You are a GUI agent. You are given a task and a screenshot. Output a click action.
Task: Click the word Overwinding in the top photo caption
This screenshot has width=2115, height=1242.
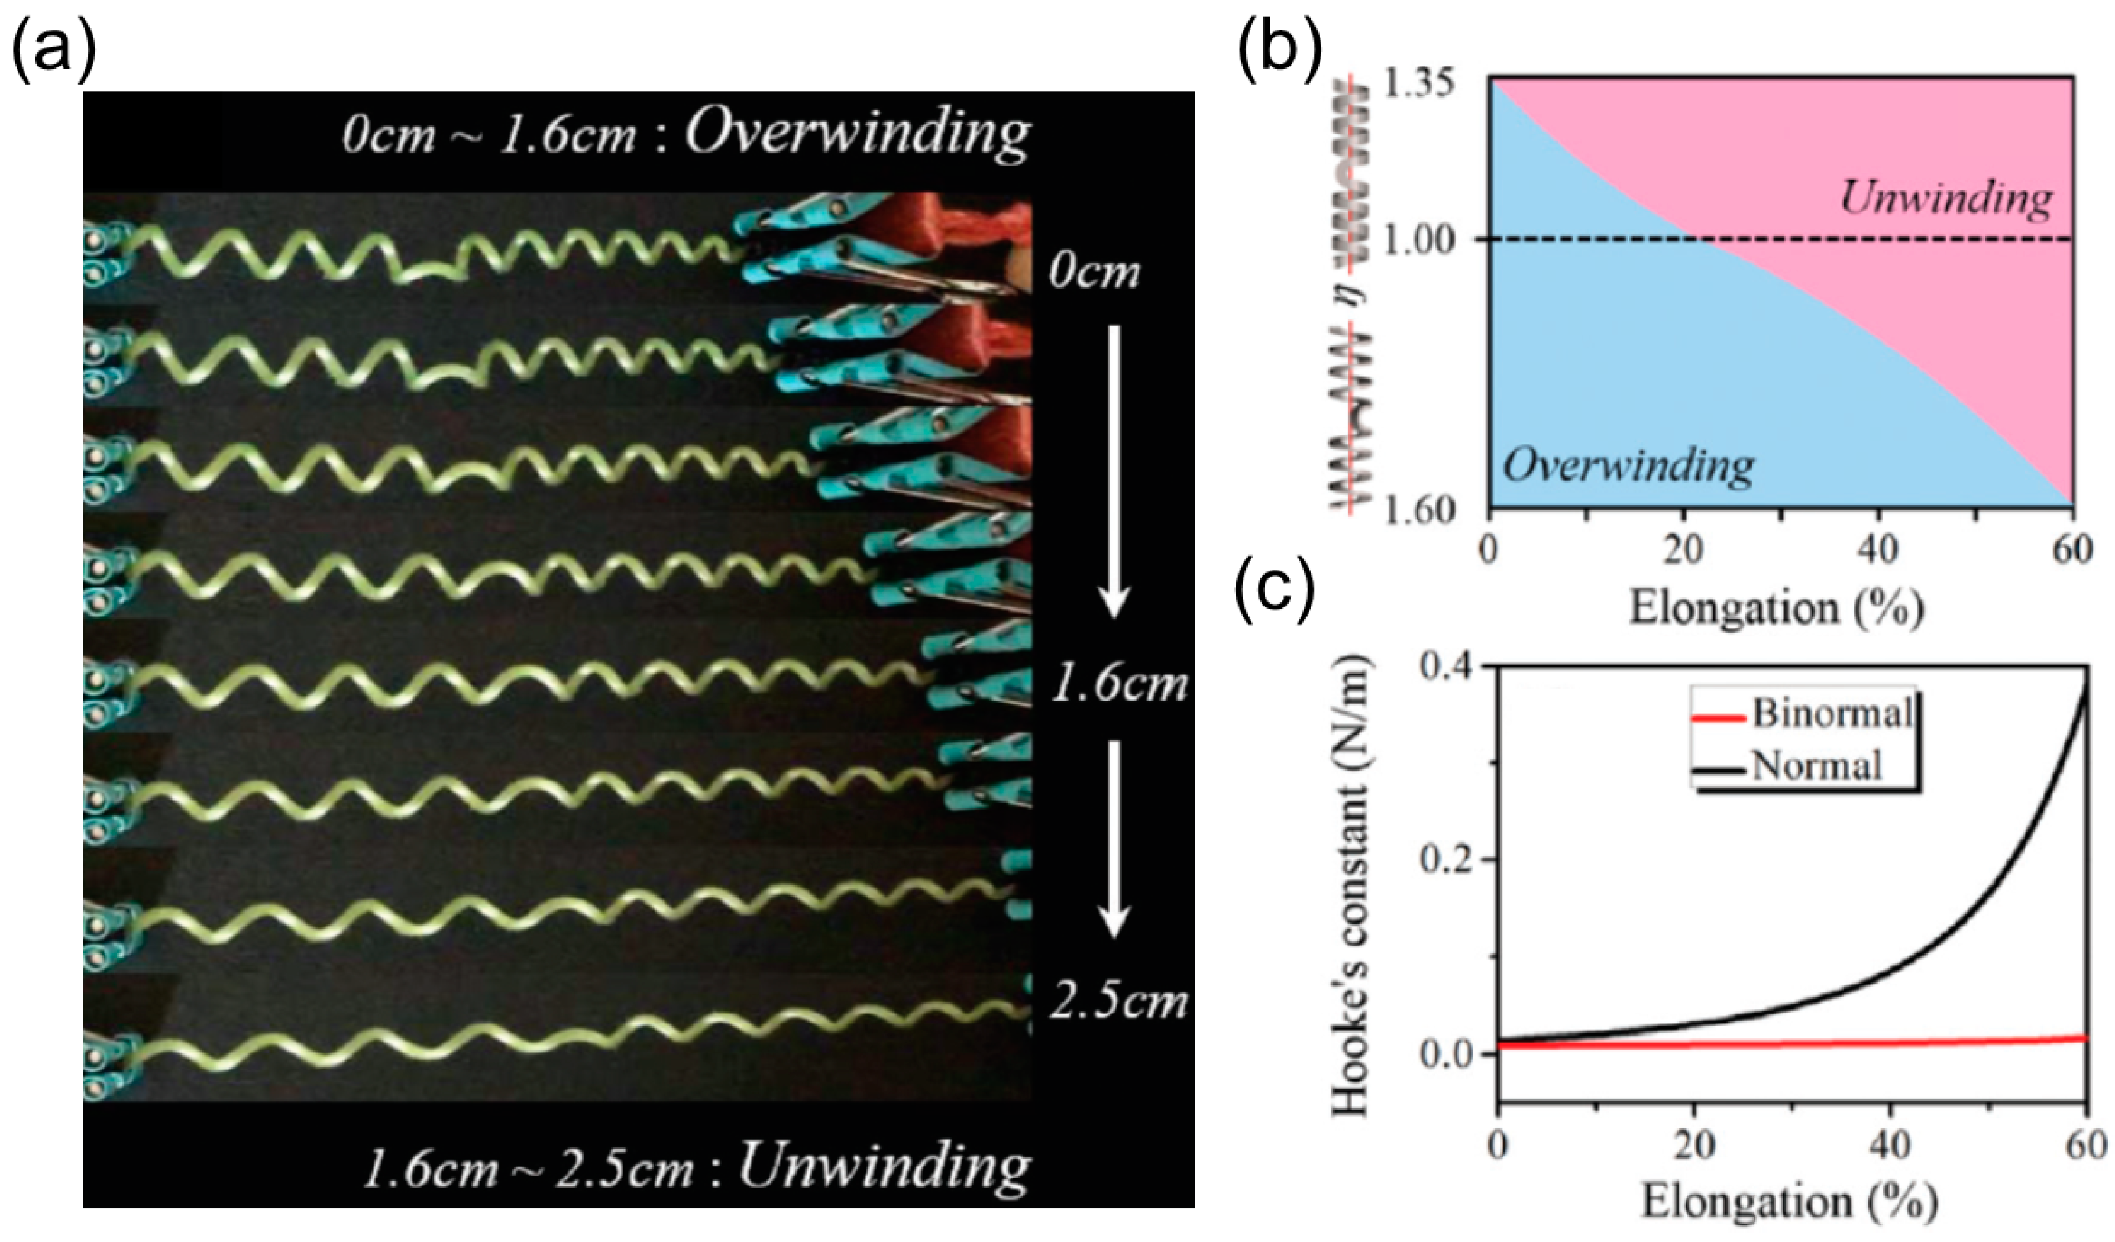click(857, 132)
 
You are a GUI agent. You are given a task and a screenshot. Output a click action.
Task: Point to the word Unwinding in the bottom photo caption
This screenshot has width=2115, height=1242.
click(884, 1166)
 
